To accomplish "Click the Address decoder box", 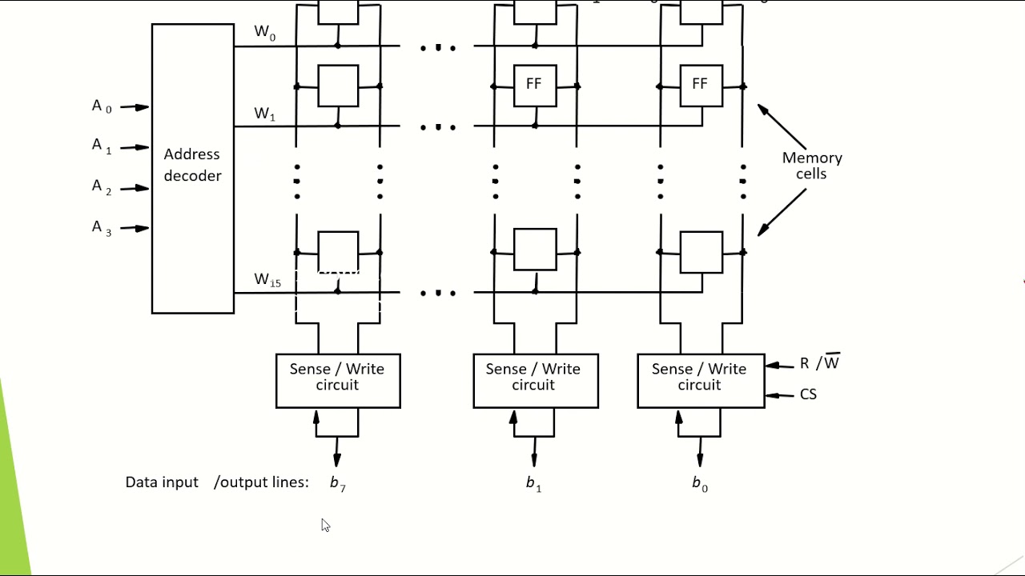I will [192, 168].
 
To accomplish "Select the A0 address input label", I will [102, 106].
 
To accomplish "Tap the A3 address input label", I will [102, 228].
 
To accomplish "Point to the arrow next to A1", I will [135, 147].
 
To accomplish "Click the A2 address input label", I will [102, 187].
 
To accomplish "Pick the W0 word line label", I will [265, 33].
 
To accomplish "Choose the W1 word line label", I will [265, 114].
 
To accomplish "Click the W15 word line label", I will [267, 280].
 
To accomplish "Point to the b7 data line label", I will [337, 483].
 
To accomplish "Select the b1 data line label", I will [533, 483].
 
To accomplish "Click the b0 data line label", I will [699, 483].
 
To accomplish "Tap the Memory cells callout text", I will [812, 166].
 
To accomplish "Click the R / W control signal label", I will [819, 363].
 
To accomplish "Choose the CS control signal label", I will [808, 394].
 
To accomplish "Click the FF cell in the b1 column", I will [534, 85].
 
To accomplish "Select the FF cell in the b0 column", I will [700, 85].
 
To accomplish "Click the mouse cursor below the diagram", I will [325, 525].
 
